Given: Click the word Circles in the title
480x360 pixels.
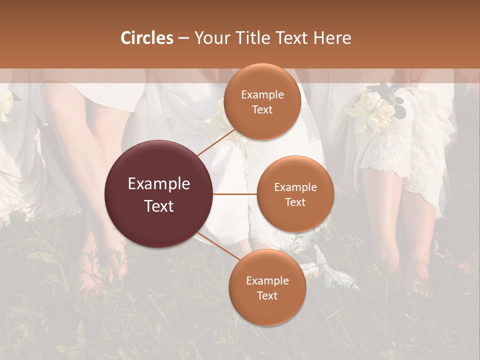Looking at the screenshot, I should [x=147, y=38].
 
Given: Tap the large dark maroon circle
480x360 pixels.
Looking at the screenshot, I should [x=159, y=194].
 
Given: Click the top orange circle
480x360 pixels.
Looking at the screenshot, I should [x=262, y=102].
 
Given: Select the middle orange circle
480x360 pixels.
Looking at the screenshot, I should [x=295, y=194].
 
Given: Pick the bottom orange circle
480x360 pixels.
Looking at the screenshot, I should [x=267, y=287].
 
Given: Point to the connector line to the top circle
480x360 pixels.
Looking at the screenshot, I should [x=216, y=141].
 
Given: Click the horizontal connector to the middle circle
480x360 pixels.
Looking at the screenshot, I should [x=235, y=194].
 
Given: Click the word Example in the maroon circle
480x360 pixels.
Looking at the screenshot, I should [x=159, y=184].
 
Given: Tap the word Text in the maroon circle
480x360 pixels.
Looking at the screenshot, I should [x=159, y=206].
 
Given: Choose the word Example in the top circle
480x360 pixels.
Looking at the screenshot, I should [x=262, y=95].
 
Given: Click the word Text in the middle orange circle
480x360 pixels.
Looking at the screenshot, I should [x=295, y=202].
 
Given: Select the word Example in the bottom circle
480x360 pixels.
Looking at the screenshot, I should [x=267, y=281].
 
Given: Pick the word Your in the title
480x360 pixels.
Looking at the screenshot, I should [x=210, y=38].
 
